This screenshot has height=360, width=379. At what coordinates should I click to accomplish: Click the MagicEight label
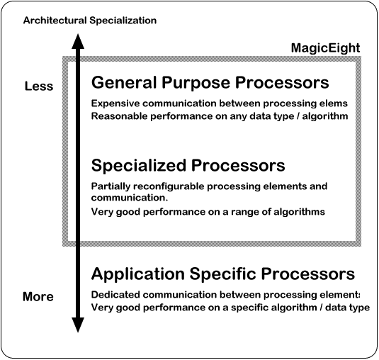(325, 48)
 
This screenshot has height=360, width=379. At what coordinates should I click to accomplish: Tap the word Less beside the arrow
(39, 86)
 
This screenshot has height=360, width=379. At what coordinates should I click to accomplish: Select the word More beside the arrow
(38, 296)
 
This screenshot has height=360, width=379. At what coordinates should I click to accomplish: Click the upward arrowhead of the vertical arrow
(78, 41)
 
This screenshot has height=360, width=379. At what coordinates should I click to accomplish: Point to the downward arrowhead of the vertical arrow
(78, 325)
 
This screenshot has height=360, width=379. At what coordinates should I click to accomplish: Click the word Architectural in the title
(55, 21)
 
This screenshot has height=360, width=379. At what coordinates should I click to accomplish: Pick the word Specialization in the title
(123, 21)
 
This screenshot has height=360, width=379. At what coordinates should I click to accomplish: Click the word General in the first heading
(124, 82)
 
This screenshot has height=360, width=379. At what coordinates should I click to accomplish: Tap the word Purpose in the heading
(196, 83)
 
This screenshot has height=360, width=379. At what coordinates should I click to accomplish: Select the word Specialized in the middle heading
(139, 166)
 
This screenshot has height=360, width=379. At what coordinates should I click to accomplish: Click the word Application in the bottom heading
(137, 274)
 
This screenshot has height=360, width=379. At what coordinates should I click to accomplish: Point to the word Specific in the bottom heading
(222, 274)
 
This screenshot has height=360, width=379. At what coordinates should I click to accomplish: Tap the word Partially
(111, 186)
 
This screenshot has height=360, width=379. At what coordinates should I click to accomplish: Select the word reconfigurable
(169, 186)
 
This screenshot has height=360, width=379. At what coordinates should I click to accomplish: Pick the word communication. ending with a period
(130, 198)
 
